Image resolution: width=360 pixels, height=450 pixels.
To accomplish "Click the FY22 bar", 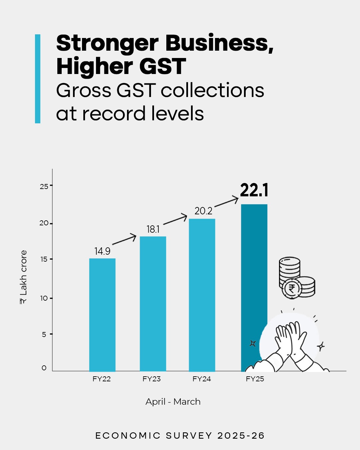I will (102, 315).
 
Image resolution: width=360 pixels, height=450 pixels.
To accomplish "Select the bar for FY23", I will (153, 304).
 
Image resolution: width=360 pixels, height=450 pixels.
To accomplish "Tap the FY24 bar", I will (202, 295).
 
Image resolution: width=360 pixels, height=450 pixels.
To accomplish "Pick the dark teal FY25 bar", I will (254, 267).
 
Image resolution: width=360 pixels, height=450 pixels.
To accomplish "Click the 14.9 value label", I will (102, 251).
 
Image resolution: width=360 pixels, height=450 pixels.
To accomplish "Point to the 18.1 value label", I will (153, 229).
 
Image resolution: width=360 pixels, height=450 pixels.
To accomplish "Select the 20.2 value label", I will (203, 211).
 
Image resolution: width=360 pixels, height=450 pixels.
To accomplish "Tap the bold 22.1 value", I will (254, 190).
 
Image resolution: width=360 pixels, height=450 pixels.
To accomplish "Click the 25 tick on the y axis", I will (44, 186).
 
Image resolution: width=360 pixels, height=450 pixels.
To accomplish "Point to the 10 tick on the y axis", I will (44, 298).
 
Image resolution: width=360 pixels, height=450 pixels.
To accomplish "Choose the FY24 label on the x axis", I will (202, 379).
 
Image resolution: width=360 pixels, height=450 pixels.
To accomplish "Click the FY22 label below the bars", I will (102, 379).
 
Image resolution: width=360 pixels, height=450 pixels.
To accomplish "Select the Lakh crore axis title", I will (23, 277).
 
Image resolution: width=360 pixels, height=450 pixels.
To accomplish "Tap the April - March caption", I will (173, 402).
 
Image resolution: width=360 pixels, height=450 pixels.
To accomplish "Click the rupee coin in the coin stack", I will (292, 289).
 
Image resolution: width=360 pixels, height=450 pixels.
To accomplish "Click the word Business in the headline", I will (219, 43).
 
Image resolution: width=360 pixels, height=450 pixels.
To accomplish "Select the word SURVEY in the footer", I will (189, 436).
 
